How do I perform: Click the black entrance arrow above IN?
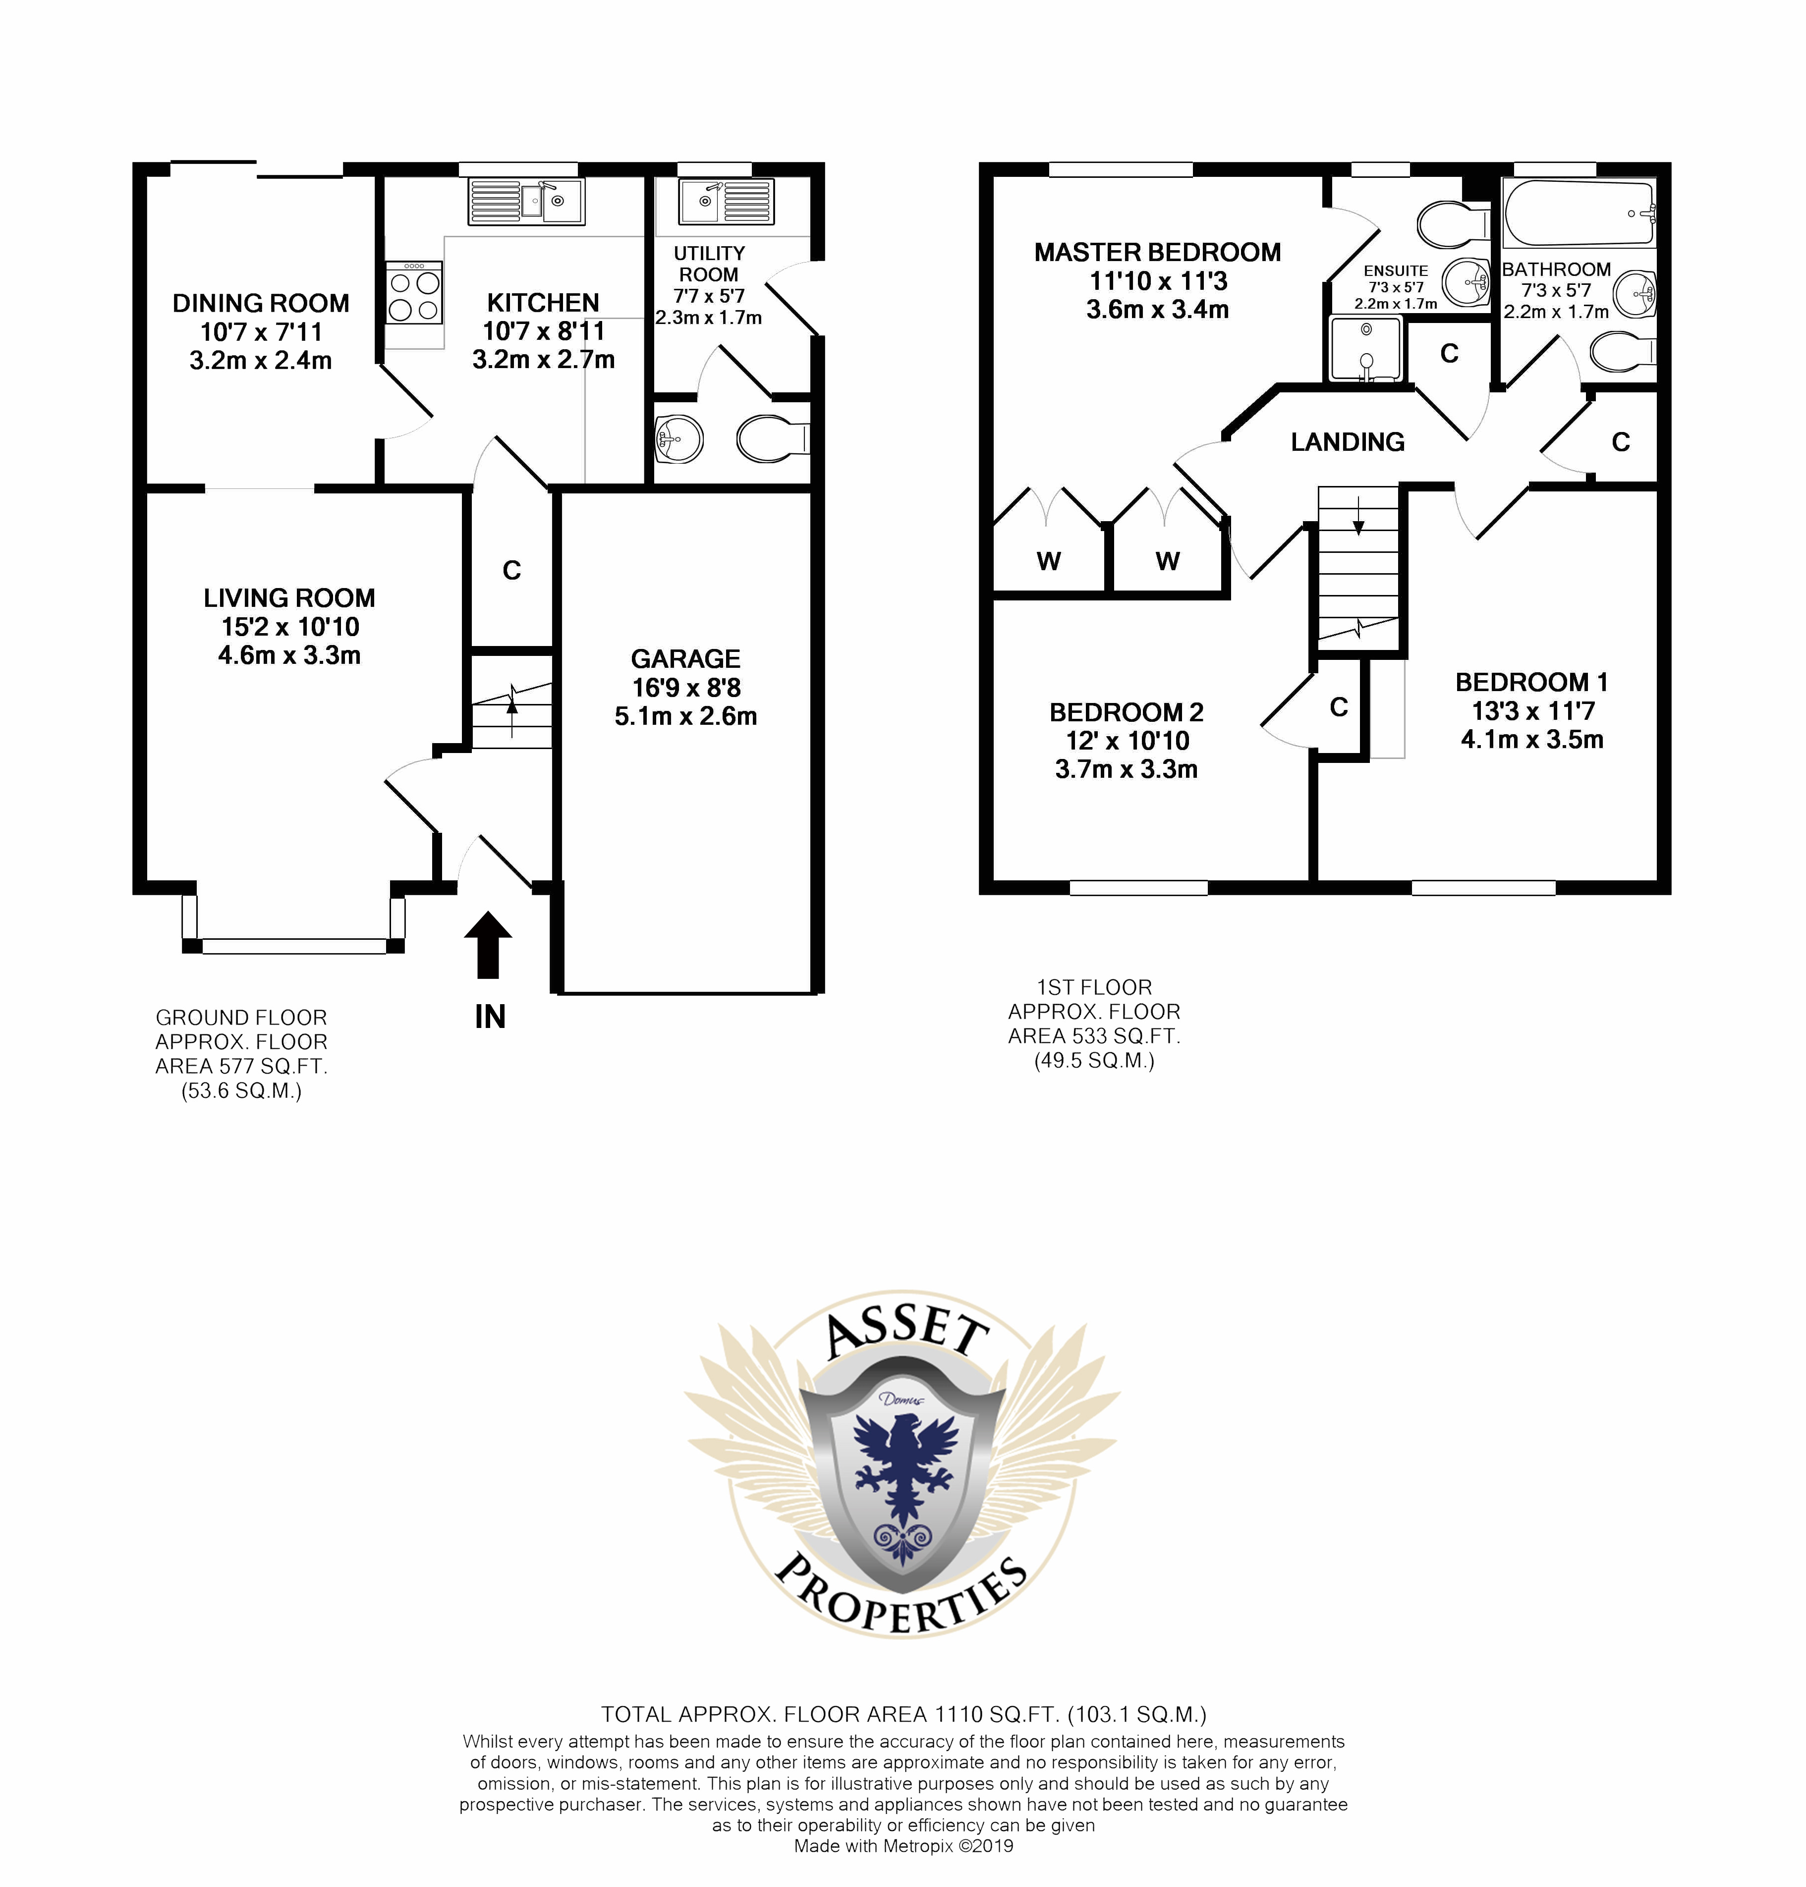tap(489, 944)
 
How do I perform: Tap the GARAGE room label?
tap(685, 659)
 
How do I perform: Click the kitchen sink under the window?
tap(526, 202)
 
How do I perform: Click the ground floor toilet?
tap(773, 439)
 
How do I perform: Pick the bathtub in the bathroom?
tap(1579, 214)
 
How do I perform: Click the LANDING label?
tap(1348, 442)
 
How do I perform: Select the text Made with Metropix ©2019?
tap(903, 1845)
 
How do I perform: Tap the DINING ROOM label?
tap(261, 303)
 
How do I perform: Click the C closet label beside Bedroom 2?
tap(1338, 707)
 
